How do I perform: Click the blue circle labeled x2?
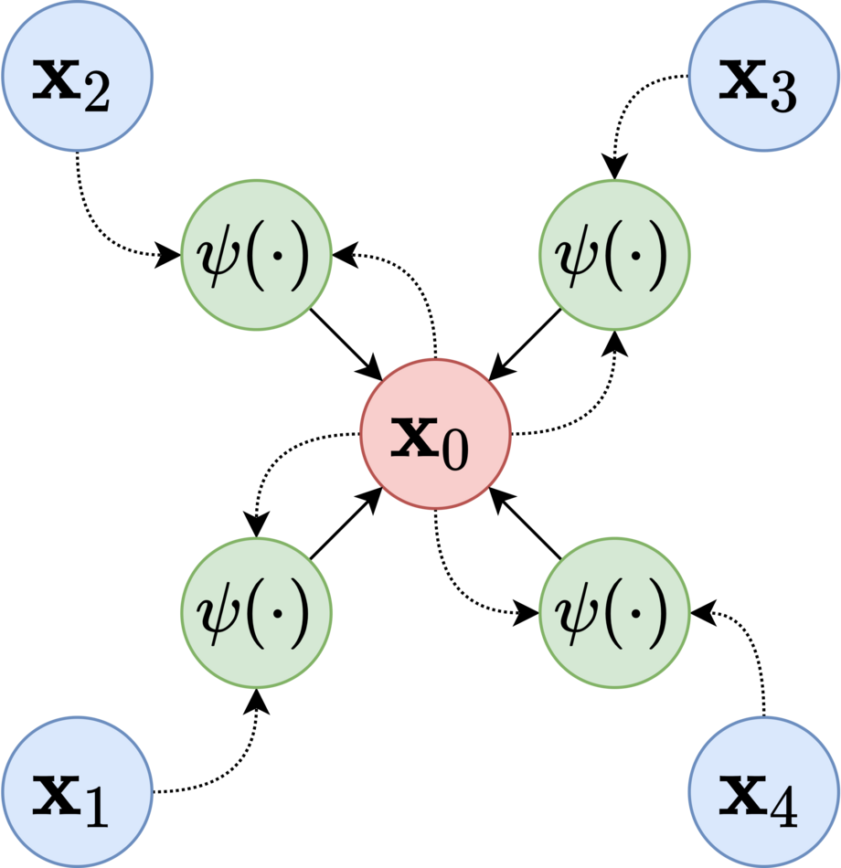[77, 77]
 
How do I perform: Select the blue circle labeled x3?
[764, 77]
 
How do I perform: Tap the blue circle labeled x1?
[77, 791]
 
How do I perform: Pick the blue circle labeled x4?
[764, 791]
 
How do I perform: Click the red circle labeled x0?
[435, 434]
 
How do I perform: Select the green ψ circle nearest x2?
[257, 255]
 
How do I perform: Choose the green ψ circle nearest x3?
[614, 255]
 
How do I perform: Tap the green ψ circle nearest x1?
[257, 612]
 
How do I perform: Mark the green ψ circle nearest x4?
[614, 612]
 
